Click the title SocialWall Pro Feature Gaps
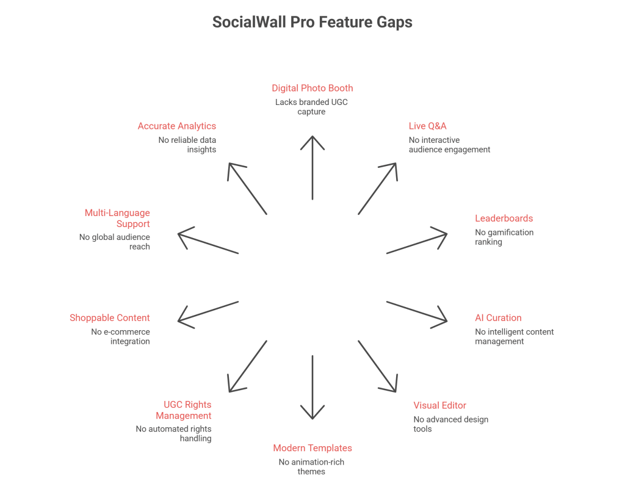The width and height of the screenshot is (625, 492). [312, 23]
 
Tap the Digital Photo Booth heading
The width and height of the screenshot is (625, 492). [312, 88]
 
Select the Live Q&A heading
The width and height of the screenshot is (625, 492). [427, 126]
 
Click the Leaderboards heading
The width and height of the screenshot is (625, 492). [504, 218]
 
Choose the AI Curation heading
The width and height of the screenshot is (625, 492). [498, 317]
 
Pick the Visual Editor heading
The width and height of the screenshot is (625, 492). [439, 405]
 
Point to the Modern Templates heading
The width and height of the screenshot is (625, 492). [312, 448]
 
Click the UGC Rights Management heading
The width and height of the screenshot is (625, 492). [184, 410]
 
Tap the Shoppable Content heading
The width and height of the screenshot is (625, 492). [110, 317]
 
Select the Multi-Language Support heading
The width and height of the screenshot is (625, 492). [117, 218]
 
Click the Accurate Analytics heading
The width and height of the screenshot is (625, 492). [176, 126]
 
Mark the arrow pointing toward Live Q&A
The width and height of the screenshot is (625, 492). [377, 189]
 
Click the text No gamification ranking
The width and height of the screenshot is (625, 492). [504, 237]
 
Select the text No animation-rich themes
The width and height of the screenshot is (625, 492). [311, 466]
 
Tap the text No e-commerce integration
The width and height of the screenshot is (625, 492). [120, 336]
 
